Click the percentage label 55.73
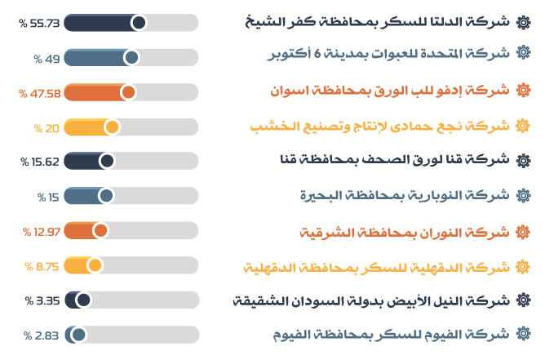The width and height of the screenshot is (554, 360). point(39,24)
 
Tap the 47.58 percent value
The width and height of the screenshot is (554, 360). point(39,94)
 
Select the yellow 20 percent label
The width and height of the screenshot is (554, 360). point(47,128)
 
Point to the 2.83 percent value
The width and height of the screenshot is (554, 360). point(41,336)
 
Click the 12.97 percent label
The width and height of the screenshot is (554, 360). point(42,232)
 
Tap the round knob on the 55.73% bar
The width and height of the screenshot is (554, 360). point(139,23)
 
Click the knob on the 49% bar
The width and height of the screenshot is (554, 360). point(132,57)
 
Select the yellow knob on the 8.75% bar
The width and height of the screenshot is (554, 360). point(95,265)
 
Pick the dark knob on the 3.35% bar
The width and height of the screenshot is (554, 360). point(83,300)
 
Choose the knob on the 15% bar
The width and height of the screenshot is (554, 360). point(106,196)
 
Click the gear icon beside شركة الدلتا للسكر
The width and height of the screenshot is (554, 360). point(523,22)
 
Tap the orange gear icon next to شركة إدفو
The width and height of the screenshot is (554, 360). point(523,90)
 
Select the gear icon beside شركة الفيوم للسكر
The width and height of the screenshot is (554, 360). point(523,334)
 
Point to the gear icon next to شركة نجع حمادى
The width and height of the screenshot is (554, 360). point(523,125)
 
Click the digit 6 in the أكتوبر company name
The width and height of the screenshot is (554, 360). point(317,53)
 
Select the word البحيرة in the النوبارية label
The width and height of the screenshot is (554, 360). point(317,195)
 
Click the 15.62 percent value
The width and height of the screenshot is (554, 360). point(40,162)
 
